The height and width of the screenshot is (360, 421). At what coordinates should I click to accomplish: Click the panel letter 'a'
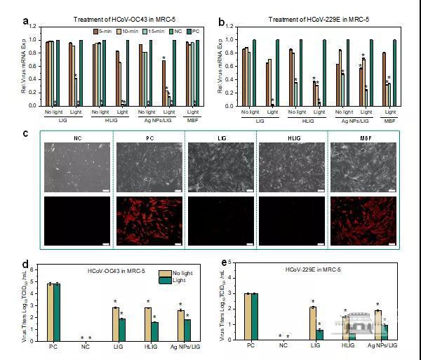click(x=25, y=22)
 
